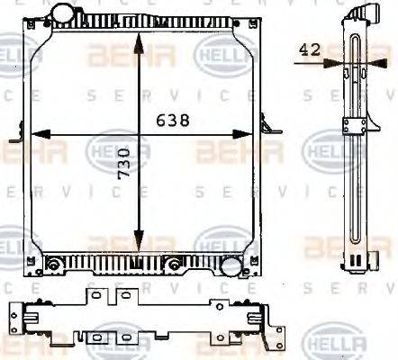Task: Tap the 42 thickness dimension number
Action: point(310,51)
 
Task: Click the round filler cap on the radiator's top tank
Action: point(62,15)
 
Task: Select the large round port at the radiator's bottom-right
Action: point(231,266)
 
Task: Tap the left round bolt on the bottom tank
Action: point(53,265)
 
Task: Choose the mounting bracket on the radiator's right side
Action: point(262,129)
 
